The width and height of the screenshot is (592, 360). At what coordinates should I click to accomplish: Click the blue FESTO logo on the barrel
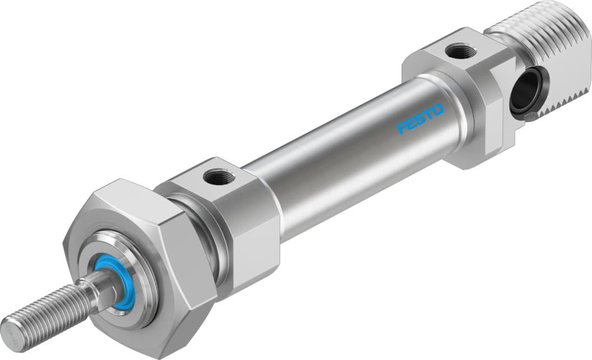tap(420, 119)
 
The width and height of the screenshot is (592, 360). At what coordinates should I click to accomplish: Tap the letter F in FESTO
tap(401, 128)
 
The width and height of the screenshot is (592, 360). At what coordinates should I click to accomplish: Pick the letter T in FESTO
tap(429, 114)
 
